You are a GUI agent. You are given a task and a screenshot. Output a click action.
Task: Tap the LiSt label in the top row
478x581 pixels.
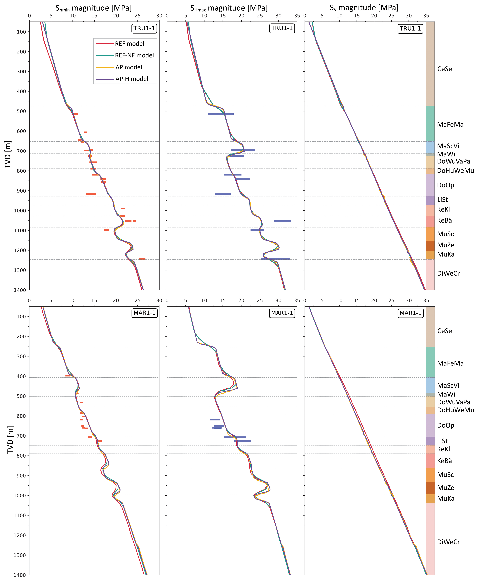tap(443, 199)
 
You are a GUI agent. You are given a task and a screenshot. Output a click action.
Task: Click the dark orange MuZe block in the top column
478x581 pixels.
tap(430, 246)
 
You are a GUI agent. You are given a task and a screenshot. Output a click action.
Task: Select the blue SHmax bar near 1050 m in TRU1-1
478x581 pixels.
tap(282, 221)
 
